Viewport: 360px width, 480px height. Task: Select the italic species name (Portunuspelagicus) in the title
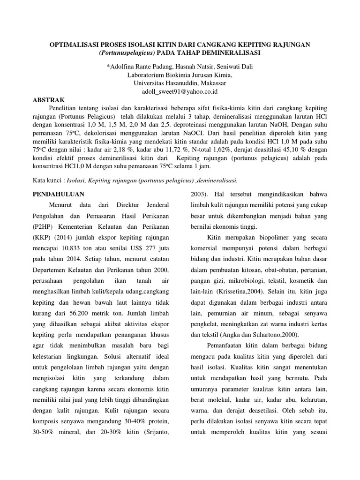click(126, 53)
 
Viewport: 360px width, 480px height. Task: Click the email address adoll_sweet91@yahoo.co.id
click(180, 92)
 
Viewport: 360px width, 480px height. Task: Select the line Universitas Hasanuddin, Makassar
click(180, 83)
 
